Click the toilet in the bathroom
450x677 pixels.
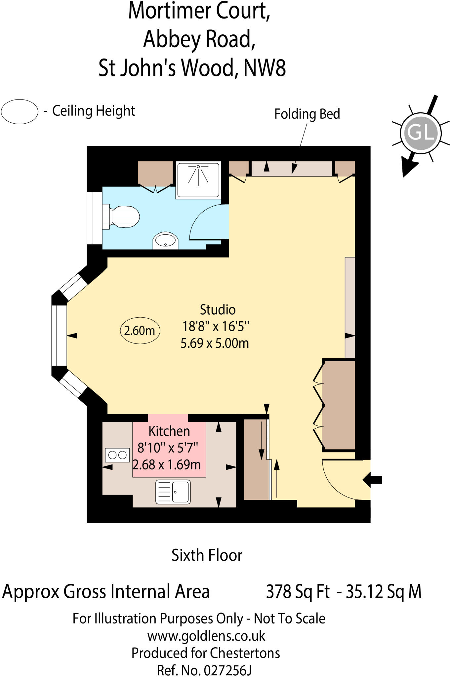tap(122, 217)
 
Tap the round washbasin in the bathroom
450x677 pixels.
tap(165, 240)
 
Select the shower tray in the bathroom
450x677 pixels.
tap(198, 180)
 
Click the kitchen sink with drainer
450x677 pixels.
tap(173, 492)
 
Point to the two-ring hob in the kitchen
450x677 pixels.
tap(117, 455)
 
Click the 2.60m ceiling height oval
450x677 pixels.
tap(140, 330)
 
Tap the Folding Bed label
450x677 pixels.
tap(307, 114)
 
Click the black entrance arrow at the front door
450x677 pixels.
tap(373, 480)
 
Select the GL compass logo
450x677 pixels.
tap(421, 133)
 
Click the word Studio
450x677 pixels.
tap(218, 310)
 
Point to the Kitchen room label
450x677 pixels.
tap(169, 431)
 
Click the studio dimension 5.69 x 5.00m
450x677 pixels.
tap(215, 343)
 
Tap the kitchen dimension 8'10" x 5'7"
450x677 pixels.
tap(168, 448)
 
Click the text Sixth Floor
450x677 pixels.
tap(207, 555)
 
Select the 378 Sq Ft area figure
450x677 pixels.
tap(298, 592)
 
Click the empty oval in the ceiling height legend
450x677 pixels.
tap(20, 112)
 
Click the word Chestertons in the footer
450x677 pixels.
tap(245, 653)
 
